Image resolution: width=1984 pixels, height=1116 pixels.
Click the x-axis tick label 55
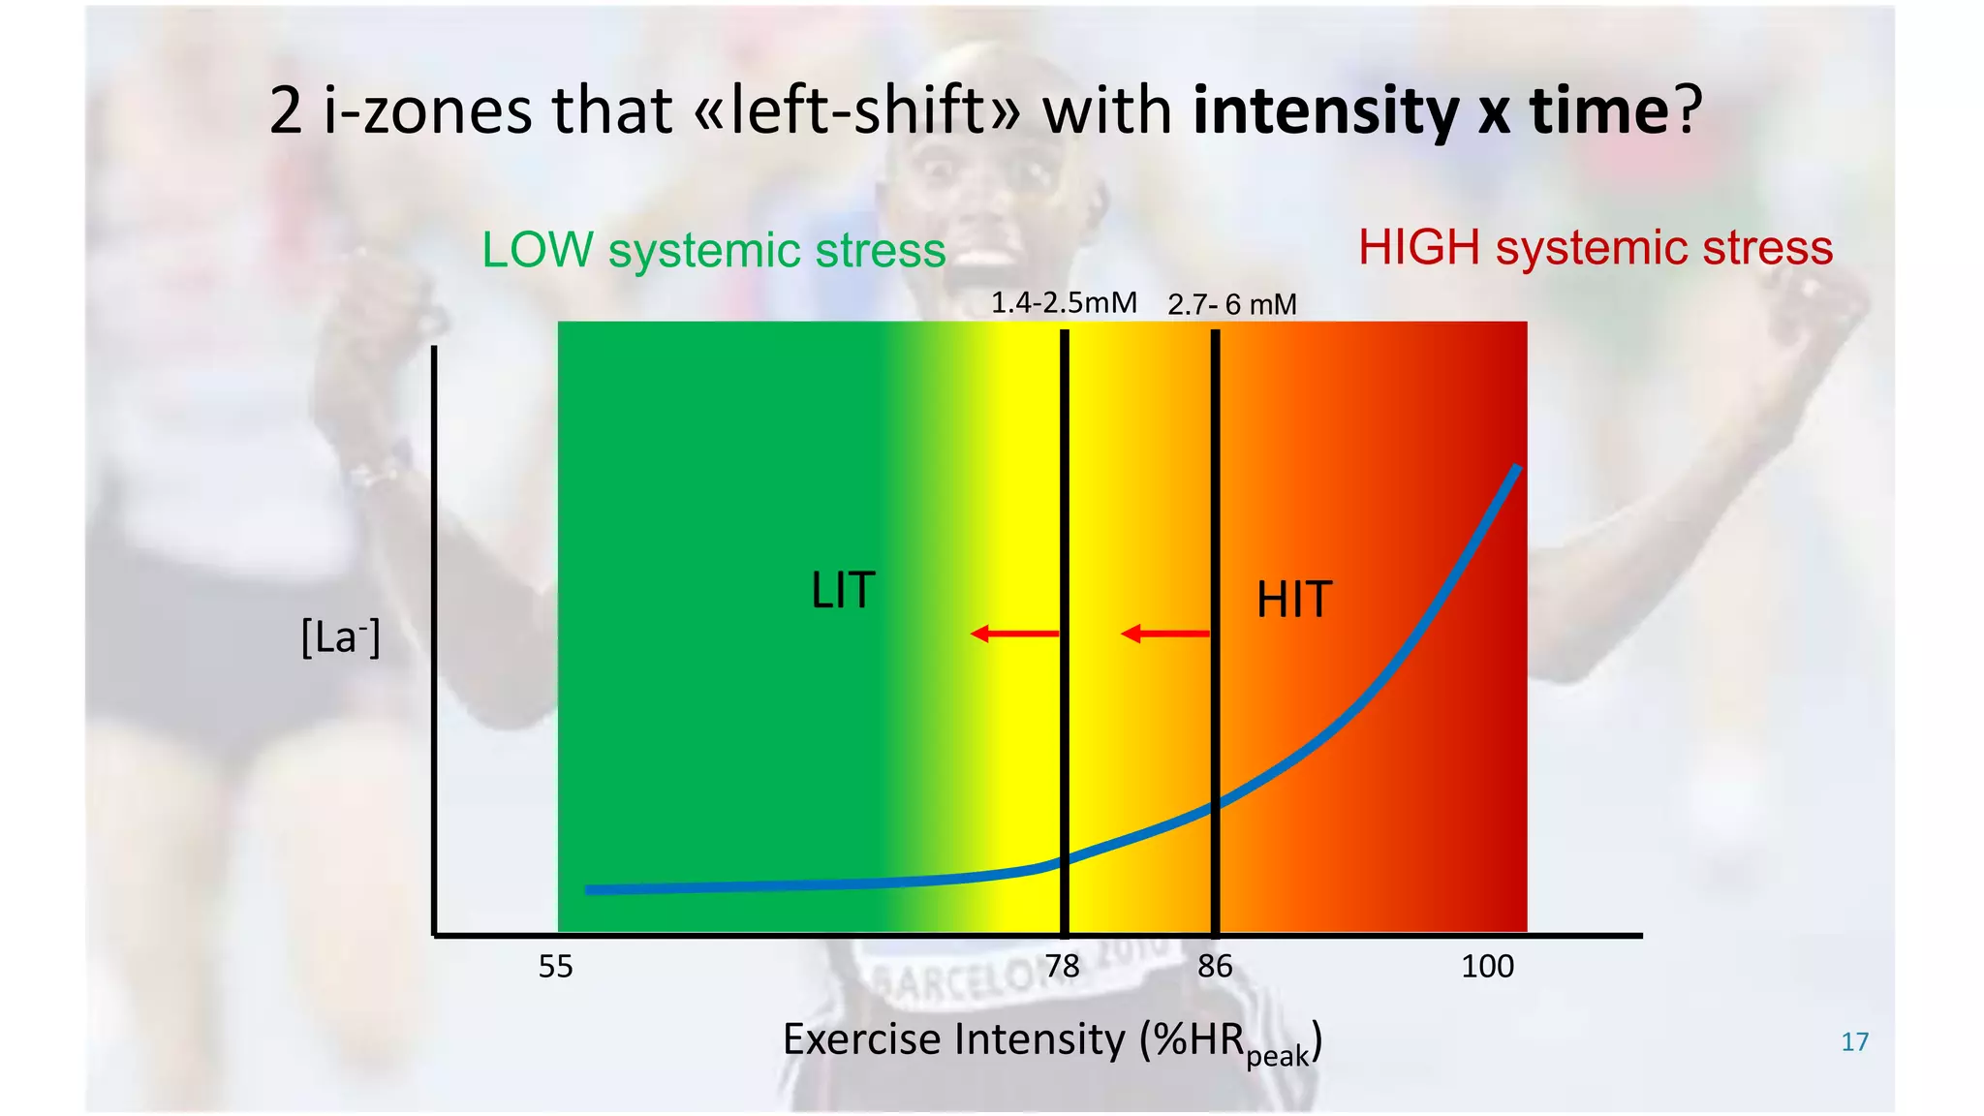(x=556, y=967)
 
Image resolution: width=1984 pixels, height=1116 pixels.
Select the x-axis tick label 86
(x=1215, y=967)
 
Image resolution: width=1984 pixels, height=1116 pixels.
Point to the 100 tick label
(x=1487, y=967)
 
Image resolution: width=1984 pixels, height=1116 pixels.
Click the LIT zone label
(x=843, y=591)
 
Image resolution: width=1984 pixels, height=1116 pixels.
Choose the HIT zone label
(x=1294, y=600)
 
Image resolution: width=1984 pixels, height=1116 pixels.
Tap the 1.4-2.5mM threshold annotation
(x=1064, y=303)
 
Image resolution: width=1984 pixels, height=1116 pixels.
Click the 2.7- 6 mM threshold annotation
(x=1231, y=305)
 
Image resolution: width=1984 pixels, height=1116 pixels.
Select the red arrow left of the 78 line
(x=1014, y=635)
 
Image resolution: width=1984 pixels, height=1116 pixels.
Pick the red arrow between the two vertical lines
(x=1164, y=635)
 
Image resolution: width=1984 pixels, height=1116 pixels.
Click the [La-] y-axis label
(x=340, y=637)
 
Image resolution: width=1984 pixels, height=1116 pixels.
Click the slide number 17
(x=1854, y=1042)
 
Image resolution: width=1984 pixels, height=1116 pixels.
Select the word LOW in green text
(x=538, y=250)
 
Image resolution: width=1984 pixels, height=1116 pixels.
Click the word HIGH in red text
(x=1419, y=248)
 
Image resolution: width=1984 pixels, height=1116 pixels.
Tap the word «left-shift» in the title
(x=858, y=110)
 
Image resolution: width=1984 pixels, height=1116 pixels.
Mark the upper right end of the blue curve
(x=1517, y=470)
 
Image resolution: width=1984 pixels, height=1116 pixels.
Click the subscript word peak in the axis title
(x=1278, y=1056)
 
